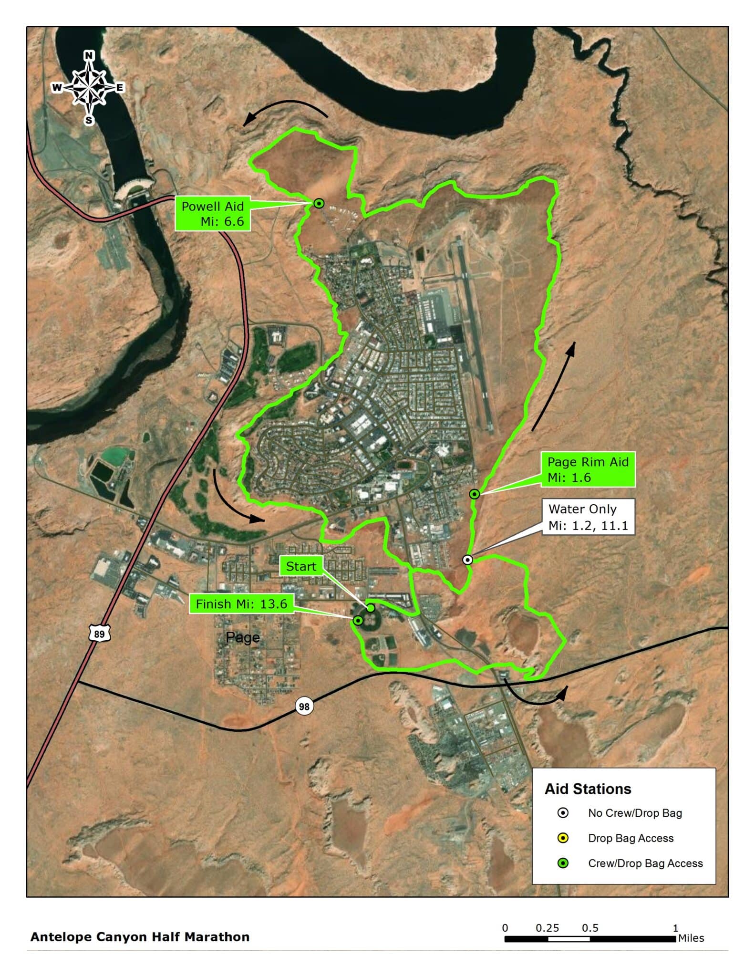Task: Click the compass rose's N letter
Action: click(89, 56)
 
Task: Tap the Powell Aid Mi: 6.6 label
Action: click(213, 214)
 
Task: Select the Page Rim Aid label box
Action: click(588, 470)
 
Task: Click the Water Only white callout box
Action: click(588, 517)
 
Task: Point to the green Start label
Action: click(301, 567)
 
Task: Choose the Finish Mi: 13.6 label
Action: click(241, 604)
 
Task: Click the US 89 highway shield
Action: click(99, 634)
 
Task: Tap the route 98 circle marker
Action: click(304, 706)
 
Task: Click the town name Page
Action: click(243, 637)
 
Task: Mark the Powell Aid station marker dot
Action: click(319, 204)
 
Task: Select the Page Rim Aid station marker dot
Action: click(474, 494)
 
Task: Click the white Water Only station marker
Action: click(468, 560)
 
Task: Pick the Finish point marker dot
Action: click(358, 620)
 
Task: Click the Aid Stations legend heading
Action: click(588, 789)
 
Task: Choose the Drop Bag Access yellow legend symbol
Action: click(563, 838)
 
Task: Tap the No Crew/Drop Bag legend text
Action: click(635, 813)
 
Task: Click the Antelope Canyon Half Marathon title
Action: click(140, 937)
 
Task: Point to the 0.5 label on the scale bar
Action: click(590, 928)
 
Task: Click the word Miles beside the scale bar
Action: click(691, 938)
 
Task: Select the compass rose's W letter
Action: click(57, 87)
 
